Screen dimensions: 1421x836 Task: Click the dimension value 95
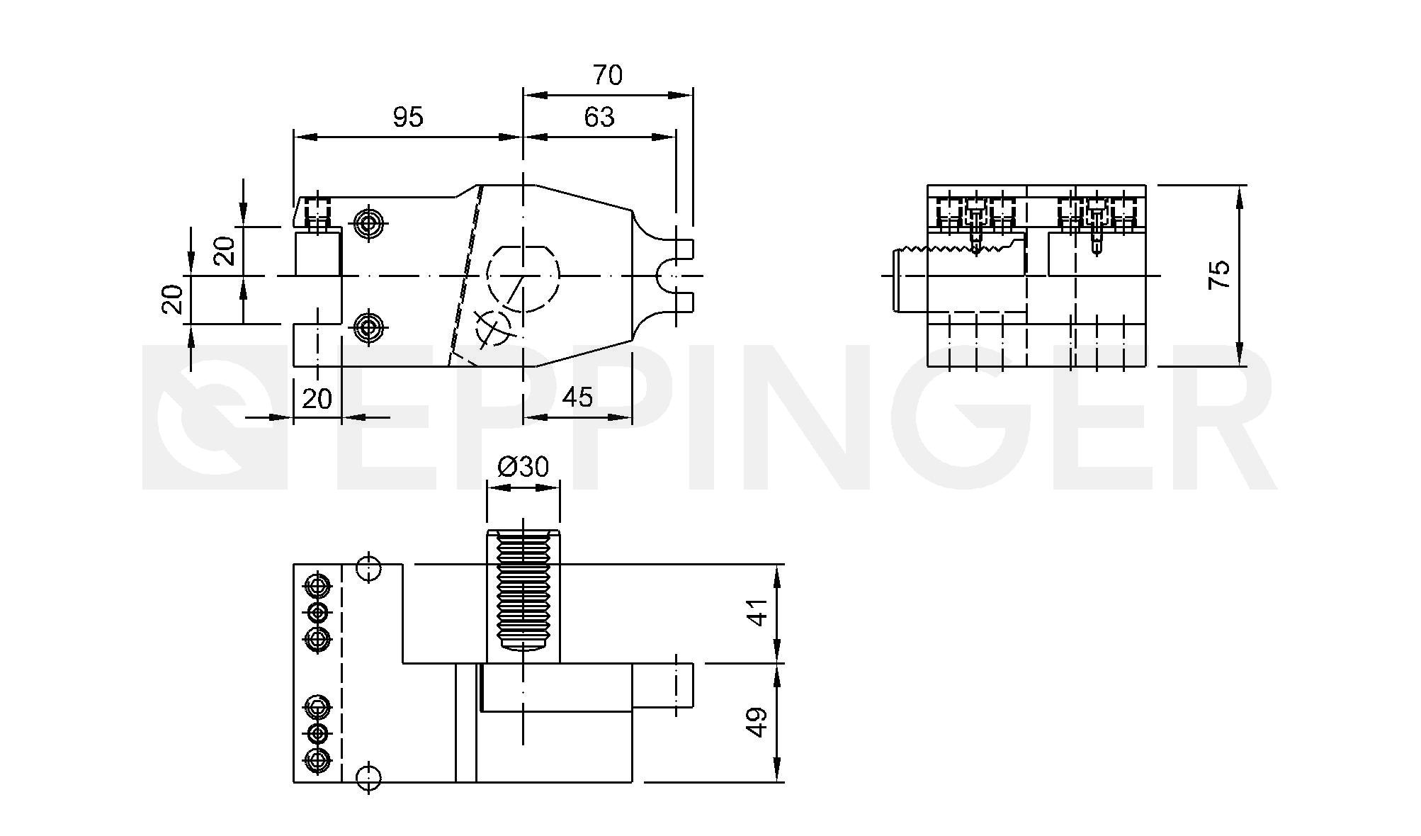408,117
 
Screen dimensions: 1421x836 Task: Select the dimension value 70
608,75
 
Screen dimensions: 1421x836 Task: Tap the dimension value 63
599,117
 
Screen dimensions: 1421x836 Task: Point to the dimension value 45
577,397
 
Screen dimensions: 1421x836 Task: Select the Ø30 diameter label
523,467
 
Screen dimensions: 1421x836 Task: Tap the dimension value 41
757,613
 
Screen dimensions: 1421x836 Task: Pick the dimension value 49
757,723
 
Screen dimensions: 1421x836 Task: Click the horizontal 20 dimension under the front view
317,399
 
